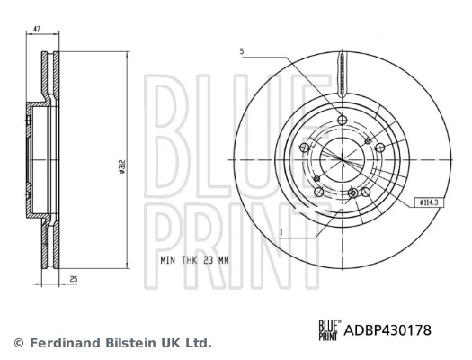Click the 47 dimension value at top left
(x=37, y=31)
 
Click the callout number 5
(x=242, y=51)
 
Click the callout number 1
(x=282, y=233)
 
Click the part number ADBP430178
(x=388, y=330)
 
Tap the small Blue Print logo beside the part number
(x=329, y=330)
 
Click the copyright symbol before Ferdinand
(x=18, y=343)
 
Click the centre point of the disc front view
(x=343, y=158)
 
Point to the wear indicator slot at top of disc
(x=343, y=74)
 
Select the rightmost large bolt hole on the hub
(x=380, y=148)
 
